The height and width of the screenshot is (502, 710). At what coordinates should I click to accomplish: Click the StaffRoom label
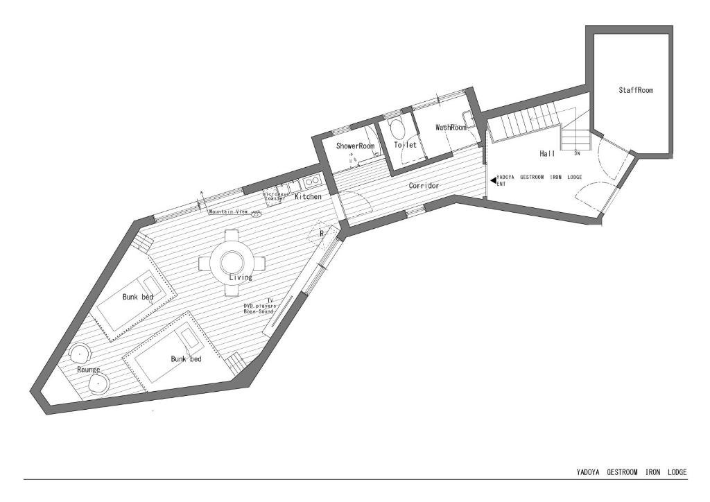tap(636, 90)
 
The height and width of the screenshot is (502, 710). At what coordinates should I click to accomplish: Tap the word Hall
tap(547, 153)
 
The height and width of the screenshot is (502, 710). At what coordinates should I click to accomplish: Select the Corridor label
tap(424, 186)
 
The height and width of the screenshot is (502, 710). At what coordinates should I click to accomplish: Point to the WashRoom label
tap(451, 128)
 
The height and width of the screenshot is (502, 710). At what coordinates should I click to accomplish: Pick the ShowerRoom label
tap(355, 146)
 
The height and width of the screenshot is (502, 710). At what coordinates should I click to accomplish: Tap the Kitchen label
tap(308, 197)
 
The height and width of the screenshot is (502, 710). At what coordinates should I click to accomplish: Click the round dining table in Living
tap(232, 262)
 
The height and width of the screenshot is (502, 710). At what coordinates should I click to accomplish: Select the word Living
tap(241, 277)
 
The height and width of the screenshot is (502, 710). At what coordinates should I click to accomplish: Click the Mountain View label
tap(228, 211)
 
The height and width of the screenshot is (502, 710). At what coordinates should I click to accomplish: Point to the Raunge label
tap(89, 370)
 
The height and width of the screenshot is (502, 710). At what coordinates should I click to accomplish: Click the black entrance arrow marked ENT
tap(493, 180)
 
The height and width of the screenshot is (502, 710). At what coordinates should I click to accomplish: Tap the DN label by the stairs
tap(576, 154)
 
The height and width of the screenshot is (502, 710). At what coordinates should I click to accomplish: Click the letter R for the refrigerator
tap(321, 234)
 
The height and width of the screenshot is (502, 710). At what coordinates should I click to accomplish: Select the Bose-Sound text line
tap(259, 312)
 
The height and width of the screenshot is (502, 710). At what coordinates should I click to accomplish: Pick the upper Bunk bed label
tap(137, 297)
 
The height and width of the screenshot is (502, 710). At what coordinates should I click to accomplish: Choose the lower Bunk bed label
tap(186, 359)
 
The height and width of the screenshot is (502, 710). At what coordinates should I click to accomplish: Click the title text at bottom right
tap(631, 472)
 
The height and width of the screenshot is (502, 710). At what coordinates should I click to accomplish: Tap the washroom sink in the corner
tap(469, 119)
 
